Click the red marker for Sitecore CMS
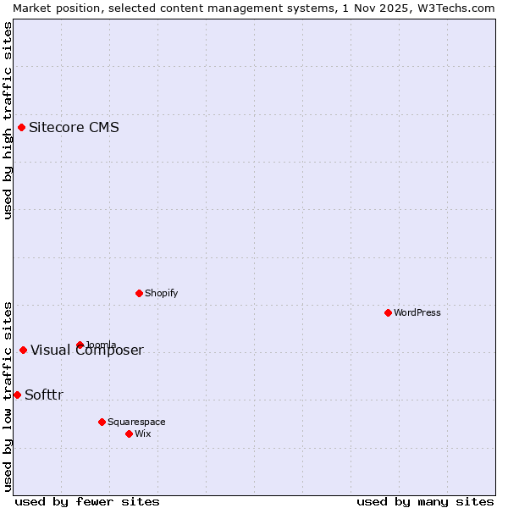click(22, 128)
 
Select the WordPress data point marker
click(388, 312)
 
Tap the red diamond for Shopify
click(139, 293)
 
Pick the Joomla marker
click(80, 345)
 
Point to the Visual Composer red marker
click(23, 351)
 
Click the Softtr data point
click(17, 395)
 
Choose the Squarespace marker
click(102, 422)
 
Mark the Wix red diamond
click(129, 433)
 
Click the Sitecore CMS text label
click(74, 128)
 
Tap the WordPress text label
click(417, 312)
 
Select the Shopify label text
click(161, 293)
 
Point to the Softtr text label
click(44, 395)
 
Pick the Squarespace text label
click(136, 422)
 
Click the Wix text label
click(142, 433)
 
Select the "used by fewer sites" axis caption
click(87, 501)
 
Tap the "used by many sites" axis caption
click(425, 501)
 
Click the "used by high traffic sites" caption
click(8, 120)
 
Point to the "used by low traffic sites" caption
click(8, 395)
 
